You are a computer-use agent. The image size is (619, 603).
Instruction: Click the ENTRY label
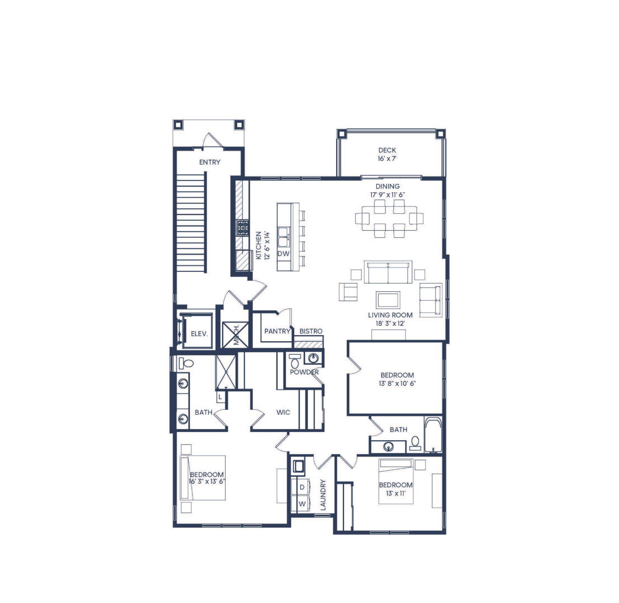[x=210, y=162]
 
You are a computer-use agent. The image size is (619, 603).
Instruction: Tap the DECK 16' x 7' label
[x=387, y=154]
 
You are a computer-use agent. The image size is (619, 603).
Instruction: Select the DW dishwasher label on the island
[x=283, y=254]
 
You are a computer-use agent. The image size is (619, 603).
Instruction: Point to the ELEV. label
[x=199, y=334]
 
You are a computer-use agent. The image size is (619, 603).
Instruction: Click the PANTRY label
[x=278, y=331]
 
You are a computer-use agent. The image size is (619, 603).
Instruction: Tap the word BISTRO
[x=311, y=331]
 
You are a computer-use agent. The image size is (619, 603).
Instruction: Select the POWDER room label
[x=304, y=372]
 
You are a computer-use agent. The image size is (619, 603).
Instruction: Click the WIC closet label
[x=283, y=412]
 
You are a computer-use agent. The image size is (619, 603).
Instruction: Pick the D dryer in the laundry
[x=302, y=487]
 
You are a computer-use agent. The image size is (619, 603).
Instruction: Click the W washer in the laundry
[x=302, y=504]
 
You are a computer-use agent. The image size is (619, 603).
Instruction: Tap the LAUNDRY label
[x=323, y=495]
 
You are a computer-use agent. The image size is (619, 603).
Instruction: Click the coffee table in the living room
[x=388, y=300]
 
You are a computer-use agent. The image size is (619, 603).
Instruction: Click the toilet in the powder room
[x=295, y=361]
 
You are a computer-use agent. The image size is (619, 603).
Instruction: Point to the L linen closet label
[x=220, y=397]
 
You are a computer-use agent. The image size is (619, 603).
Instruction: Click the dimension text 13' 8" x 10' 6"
[x=397, y=383]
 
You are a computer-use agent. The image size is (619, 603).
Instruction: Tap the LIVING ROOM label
[x=390, y=315]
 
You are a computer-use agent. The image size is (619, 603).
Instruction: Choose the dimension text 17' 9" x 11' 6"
[x=387, y=194]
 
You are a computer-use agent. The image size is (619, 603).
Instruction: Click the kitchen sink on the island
[x=283, y=237]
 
